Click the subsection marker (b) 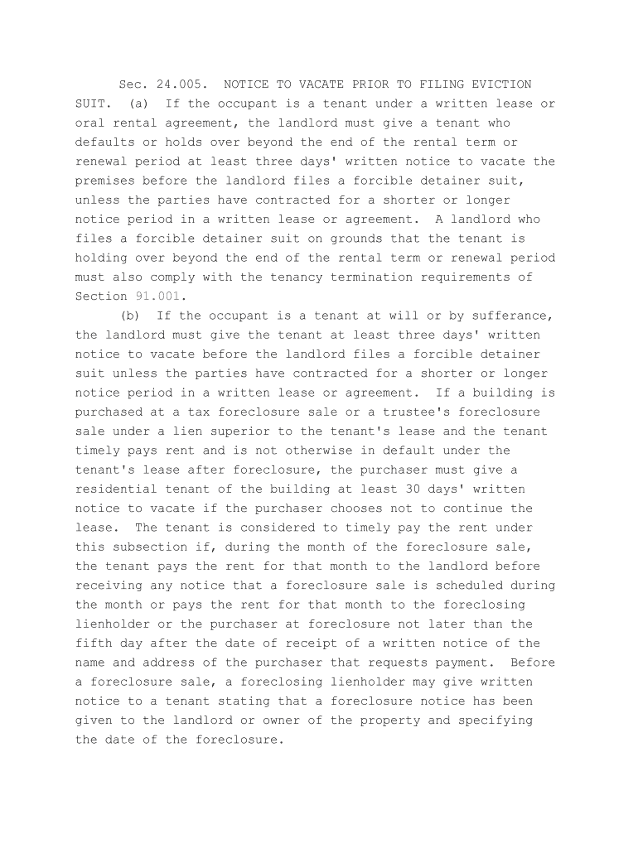coord(131,316)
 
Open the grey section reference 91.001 coord(157,296)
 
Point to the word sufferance coord(505,316)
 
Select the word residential coord(116,489)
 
